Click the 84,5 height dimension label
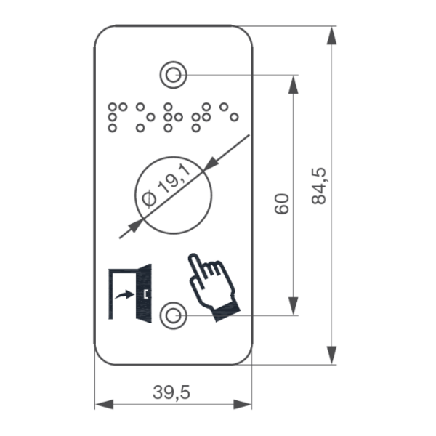point(319,186)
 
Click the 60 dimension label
point(282,203)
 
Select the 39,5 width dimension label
point(171,392)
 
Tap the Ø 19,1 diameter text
point(166,185)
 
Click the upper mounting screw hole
point(173,75)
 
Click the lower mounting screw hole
point(173,315)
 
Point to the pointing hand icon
point(214,287)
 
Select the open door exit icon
point(130,294)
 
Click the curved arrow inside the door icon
point(124,294)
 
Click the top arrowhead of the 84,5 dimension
point(331,36)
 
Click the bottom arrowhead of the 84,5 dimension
point(331,355)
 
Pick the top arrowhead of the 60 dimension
point(294,84)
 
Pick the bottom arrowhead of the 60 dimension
point(294,306)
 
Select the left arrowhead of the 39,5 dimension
point(104,404)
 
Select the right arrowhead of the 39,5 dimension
point(243,404)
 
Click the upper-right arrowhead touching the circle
point(211,163)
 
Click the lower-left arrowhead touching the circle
point(136,225)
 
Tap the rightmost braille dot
point(235,117)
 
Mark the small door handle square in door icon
point(146,294)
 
